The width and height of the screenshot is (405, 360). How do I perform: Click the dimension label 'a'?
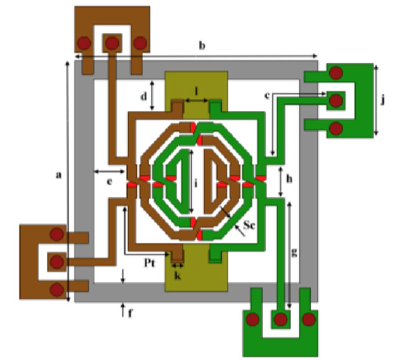[59, 175]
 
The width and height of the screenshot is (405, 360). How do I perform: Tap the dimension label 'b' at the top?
[202, 45]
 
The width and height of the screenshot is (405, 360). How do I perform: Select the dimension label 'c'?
[267, 95]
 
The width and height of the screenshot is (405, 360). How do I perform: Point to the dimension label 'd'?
[144, 96]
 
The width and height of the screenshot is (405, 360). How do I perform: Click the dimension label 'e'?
[109, 181]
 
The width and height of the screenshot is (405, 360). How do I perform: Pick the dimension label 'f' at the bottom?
[130, 313]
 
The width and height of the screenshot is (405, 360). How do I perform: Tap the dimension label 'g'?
[294, 253]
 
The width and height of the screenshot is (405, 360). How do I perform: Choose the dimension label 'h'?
[289, 179]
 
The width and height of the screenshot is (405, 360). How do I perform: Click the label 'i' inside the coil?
[196, 183]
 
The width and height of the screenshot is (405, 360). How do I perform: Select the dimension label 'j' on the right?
[383, 99]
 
